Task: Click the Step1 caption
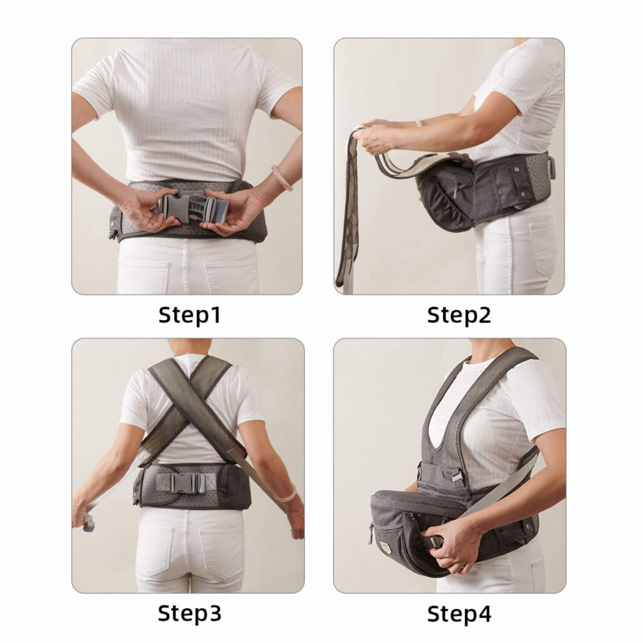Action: [190, 315]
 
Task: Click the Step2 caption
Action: [459, 315]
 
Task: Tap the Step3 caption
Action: [190, 614]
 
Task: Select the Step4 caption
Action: [459, 614]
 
